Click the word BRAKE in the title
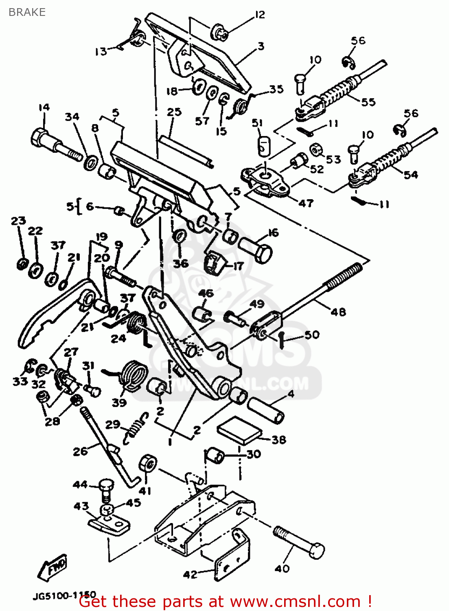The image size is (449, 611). tap(27, 12)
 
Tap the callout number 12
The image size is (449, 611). tap(260, 15)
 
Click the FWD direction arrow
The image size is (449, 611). tap(52, 567)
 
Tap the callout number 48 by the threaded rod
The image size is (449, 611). tap(338, 312)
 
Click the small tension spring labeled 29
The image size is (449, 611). tap(135, 428)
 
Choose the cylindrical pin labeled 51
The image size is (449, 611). tap(264, 145)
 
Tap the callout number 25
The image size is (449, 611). tap(174, 112)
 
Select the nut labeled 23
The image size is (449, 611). tap(22, 264)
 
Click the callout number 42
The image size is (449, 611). tap(190, 574)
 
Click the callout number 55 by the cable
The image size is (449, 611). tap(368, 102)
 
